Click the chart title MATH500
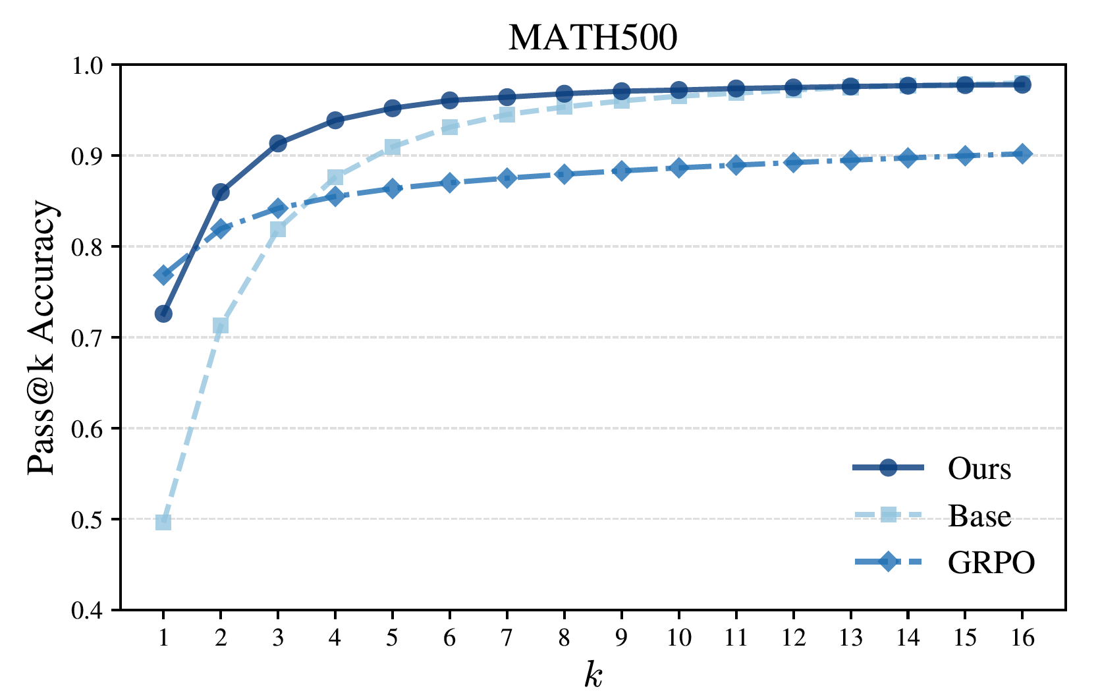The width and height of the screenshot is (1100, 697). click(x=592, y=38)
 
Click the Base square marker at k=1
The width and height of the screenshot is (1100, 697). click(x=163, y=522)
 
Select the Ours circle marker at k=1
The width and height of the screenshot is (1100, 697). click(x=163, y=314)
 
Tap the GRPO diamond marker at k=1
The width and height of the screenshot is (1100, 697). click(x=163, y=275)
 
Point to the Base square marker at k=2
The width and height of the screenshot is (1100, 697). click(x=221, y=325)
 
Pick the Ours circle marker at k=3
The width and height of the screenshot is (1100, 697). click(x=278, y=144)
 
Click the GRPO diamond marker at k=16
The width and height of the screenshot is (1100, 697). click(x=1022, y=154)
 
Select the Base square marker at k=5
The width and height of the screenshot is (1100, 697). click(x=393, y=147)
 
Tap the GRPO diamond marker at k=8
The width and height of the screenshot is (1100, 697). click(x=564, y=174)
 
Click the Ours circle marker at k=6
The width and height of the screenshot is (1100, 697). click(x=450, y=101)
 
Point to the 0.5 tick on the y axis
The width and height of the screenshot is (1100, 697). click(x=93, y=520)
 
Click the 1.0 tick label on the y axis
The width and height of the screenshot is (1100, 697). click(x=93, y=65)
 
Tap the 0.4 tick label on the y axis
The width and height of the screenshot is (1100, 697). click(x=93, y=611)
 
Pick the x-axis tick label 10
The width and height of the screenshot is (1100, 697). click(x=678, y=638)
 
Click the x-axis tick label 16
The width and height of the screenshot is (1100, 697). click(x=1022, y=638)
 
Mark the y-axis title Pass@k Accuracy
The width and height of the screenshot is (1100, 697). click(x=42, y=337)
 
